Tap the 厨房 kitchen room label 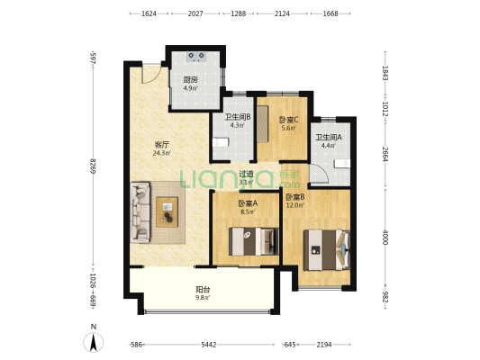191,83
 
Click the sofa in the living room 140,212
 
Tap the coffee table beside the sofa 168,212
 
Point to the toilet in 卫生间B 222,142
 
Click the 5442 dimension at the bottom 208,345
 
